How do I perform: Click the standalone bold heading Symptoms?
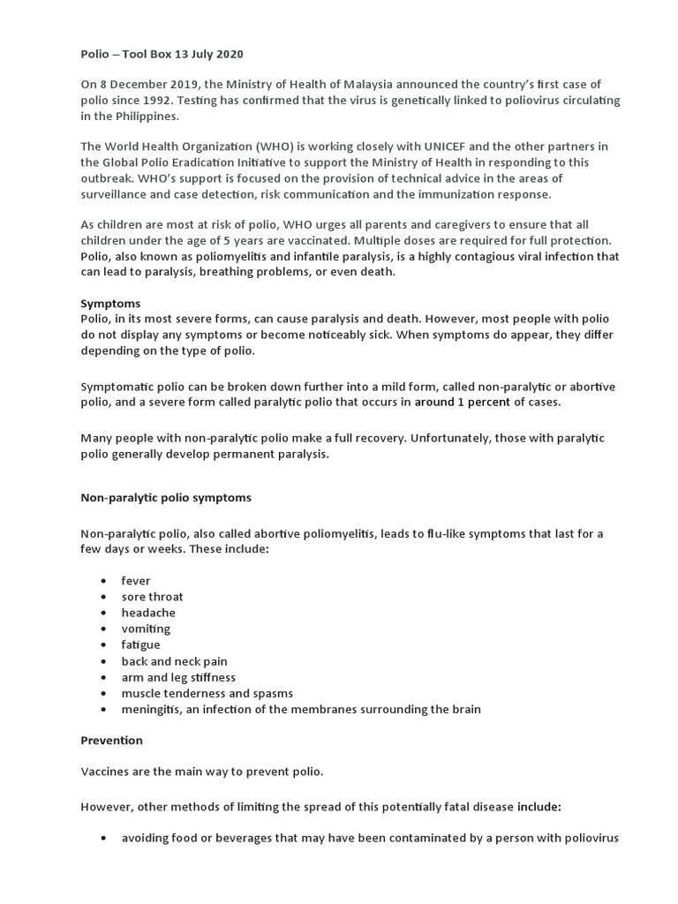coord(110,303)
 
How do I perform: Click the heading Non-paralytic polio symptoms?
coord(166,498)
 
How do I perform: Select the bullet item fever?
coord(136,581)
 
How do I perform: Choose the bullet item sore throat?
coord(153,597)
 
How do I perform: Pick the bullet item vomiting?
coord(146,629)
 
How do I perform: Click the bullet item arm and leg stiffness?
coord(178,677)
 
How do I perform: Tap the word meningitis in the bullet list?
coord(153,709)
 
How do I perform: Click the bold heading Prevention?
coord(111,740)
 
